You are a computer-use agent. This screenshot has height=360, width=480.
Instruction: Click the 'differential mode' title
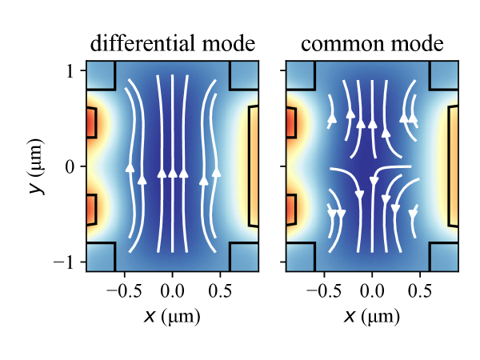tap(172, 43)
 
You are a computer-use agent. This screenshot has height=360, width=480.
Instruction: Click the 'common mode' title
tap(372, 43)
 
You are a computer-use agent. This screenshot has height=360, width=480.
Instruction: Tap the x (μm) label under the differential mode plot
tap(172, 316)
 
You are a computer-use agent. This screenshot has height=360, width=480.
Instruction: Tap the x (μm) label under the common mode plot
tap(372, 316)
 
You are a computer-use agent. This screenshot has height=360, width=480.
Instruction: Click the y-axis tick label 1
tap(70, 71)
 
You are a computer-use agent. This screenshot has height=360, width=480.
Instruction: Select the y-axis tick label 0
tap(70, 166)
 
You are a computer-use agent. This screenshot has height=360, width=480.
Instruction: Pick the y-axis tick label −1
tap(66, 262)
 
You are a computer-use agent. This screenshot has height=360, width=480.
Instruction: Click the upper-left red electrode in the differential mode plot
tap(90, 122)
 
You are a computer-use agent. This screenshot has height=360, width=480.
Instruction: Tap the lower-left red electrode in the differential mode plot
tap(90, 210)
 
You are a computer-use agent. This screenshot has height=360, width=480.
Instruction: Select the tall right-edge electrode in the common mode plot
tap(454, 166)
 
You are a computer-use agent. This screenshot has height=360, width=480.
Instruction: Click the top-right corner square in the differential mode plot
tap(244, 74)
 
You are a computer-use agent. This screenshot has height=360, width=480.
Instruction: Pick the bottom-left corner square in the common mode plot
tap(300, 257)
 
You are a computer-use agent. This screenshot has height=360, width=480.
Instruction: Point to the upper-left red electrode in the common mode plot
tap(290, 122)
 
